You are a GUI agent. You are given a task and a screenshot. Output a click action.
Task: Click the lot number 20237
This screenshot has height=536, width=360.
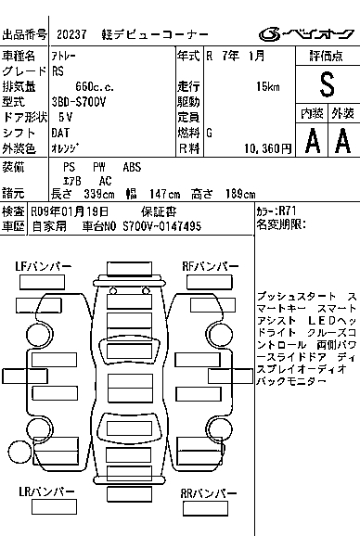coord(71,34)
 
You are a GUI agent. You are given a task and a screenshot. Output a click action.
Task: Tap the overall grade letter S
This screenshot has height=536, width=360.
coord(327,84)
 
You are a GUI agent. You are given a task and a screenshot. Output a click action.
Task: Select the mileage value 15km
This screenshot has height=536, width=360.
coord(268,86)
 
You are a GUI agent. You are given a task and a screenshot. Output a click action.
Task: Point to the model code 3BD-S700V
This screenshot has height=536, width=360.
coord(79,102)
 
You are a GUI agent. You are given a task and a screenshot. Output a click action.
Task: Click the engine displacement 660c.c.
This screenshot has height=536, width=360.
coord(95,86)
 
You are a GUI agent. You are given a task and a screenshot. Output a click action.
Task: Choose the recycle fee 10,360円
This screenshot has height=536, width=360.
coord(268,148)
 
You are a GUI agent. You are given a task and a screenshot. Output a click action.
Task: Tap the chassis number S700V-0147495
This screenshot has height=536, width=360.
coord(162,226)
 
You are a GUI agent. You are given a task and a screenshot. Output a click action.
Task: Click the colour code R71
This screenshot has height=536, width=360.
coord(288,211)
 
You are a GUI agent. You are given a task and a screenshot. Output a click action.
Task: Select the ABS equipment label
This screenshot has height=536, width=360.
coord(132,167)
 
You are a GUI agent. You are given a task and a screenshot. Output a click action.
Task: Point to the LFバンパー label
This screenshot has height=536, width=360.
coord(44,266)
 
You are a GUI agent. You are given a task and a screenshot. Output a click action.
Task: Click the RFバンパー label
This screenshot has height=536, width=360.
coord(211,266)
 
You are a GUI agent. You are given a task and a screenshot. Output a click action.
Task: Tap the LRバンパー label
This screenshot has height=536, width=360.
coord(46,491)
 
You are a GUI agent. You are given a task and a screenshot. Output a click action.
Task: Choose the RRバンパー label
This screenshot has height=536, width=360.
coord(209,493)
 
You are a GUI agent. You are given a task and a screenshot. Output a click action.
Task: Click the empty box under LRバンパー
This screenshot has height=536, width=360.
coord(54,507)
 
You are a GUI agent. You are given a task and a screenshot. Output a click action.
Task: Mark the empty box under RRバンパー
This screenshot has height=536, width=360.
coord(205,509)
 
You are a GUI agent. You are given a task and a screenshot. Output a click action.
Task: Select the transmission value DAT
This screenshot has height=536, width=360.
coord(60,133)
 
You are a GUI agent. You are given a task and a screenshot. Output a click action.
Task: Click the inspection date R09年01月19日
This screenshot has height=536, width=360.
coord(70,211)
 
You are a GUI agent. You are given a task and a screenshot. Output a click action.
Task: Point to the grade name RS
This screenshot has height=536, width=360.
coord(58,71)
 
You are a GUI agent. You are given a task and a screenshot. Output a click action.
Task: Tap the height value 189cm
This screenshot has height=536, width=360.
coord(240,194)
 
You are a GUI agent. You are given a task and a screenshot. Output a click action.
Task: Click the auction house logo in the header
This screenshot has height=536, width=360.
coord(306,34)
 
